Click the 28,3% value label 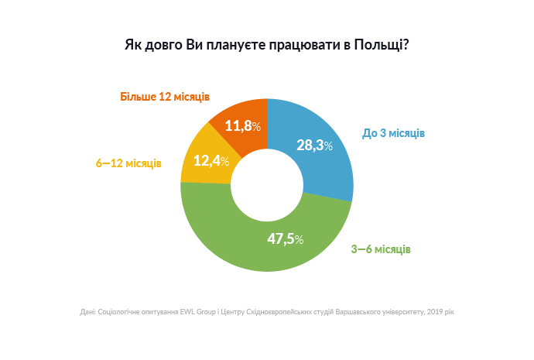[x=315, y=145]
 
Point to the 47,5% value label [x=285, y=238]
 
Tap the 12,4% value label [x=211, y=160]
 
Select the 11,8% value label [x=242, y=125]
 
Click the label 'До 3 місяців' [x=393, y=133]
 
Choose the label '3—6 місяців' [x=381, y=250]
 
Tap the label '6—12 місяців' [x=128, y=163]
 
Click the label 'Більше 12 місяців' [x=165, y=98]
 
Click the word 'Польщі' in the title [x=381, y=44]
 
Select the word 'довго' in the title [x=163, y=44]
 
